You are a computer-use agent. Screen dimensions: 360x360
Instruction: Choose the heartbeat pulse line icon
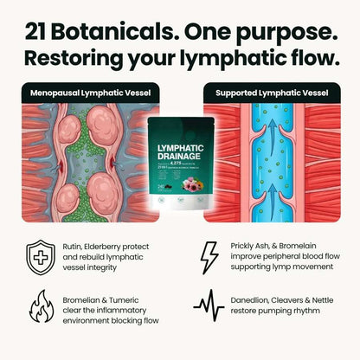click(209, 305)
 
